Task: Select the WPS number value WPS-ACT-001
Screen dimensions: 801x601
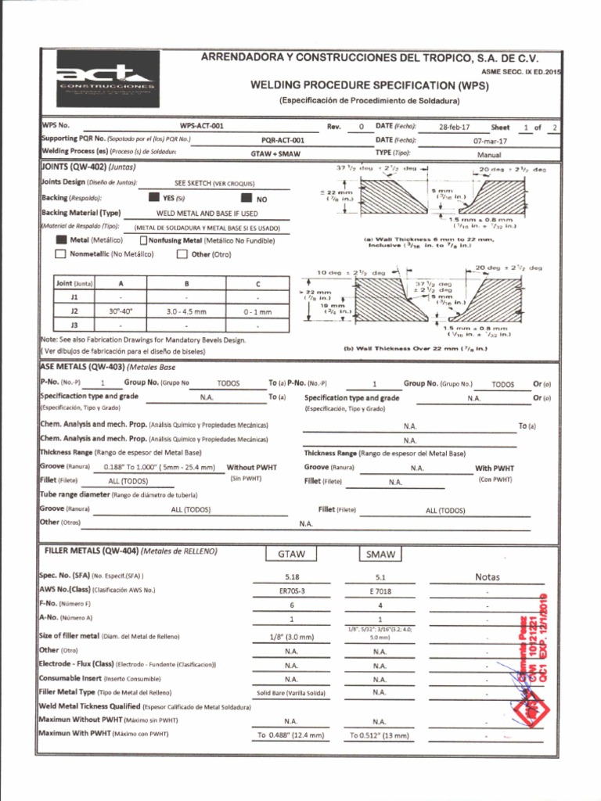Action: pos(201,126)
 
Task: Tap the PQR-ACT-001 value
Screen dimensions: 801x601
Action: pos(283,140)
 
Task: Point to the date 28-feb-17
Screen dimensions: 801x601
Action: pos(455,127)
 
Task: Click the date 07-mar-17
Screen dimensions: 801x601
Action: pos(490,141)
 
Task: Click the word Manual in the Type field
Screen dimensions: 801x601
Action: pos(489,155)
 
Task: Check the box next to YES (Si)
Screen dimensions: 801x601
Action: pos(154,199)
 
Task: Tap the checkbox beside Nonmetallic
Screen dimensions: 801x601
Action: pos(60,253)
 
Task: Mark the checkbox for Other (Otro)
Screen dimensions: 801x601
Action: pos(182,253)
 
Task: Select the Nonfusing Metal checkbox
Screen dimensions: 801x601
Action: pos(143,241)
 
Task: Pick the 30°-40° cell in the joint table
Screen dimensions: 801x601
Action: pos(121,311)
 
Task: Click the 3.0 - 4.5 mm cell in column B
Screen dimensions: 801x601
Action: pos(186,311)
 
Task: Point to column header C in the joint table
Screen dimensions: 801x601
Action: pos(257,283)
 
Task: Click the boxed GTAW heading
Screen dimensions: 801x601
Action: pos(291,555)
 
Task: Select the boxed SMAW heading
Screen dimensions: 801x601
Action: pos(380,555)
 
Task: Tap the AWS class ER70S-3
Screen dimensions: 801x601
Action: pos(291,591)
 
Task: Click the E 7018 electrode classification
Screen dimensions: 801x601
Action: pos(380,591)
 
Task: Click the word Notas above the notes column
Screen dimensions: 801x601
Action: pos(487,577)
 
